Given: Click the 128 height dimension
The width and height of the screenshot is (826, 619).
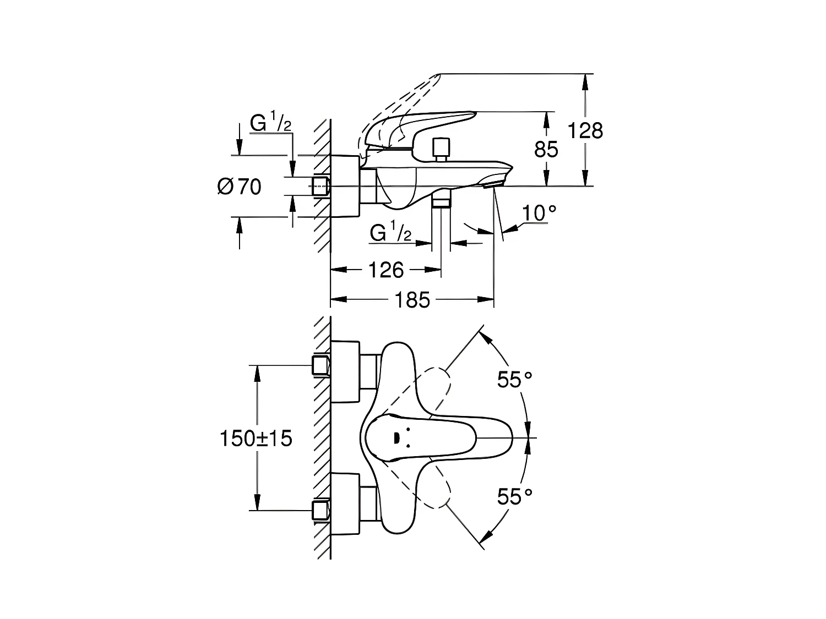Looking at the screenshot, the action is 585,131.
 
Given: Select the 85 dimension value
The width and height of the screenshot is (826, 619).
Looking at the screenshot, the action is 546,149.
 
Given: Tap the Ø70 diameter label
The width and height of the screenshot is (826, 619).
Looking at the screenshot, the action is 240,187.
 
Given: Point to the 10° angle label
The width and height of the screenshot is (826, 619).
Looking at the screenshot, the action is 539,213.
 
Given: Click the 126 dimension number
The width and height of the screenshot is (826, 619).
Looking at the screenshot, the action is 386,270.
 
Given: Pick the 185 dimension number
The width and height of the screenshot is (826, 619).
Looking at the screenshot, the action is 412,300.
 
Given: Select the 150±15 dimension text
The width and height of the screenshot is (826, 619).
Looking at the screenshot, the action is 256,438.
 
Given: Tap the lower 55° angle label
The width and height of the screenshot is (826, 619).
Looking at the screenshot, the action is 515,496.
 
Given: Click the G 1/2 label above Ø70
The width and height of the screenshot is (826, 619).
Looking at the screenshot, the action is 270,121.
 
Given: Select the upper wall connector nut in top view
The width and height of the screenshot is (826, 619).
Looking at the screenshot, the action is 321,365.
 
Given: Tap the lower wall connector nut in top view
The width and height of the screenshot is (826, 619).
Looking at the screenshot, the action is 321,510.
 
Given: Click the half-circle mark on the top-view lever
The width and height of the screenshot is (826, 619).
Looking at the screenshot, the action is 396,438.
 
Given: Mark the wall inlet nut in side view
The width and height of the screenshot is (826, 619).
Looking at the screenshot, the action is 320,186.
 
